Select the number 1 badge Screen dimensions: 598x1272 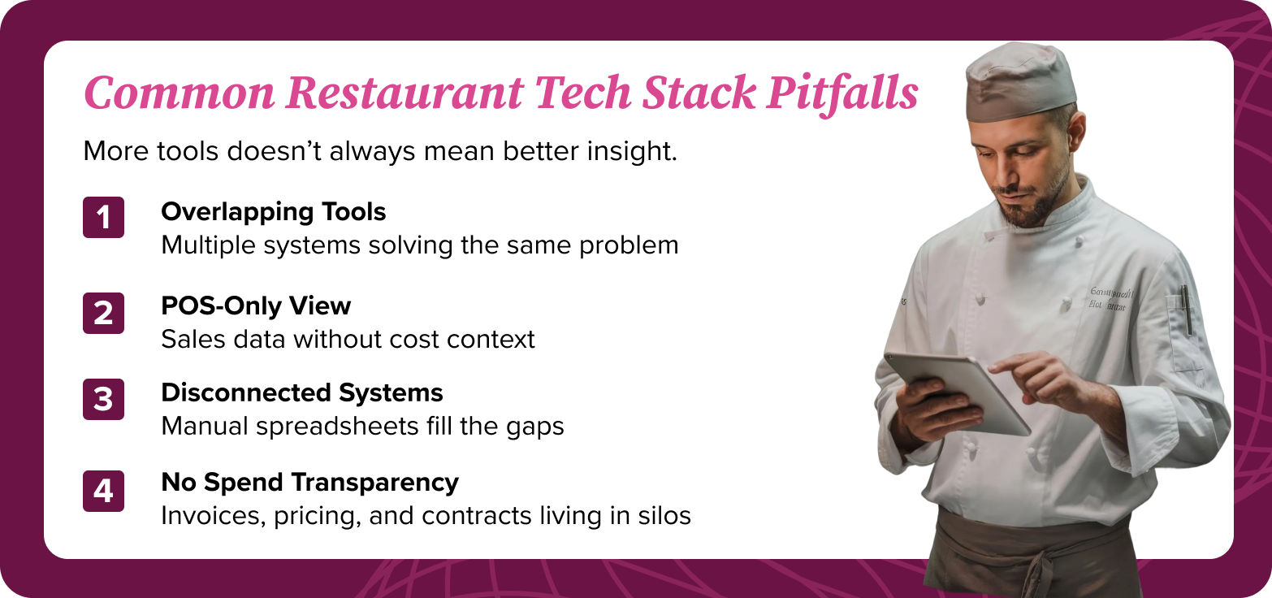[x=103, y=218]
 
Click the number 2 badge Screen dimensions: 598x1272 [x=103, y=313]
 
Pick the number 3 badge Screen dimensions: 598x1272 [x=103, y=399]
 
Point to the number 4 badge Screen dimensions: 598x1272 [x=103, y=491]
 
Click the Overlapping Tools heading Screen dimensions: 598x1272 [x=273, y=212]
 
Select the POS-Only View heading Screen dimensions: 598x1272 [x=256, y=306]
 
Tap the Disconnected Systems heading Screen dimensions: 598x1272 [x=301, y=393]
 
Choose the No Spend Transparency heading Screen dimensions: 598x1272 [x=309, y=483]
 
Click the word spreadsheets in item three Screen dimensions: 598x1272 [x=355, y=426]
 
